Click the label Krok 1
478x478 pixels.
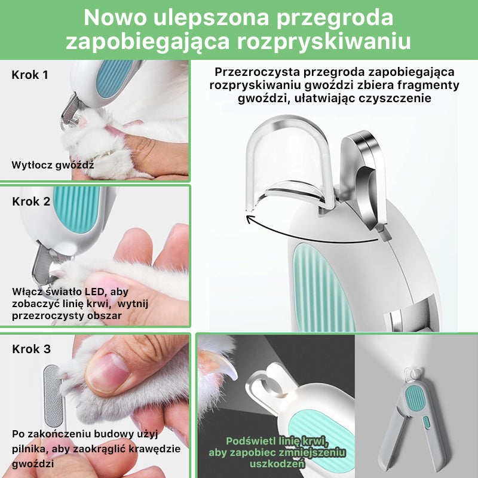(30, 75)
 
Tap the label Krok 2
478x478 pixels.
(31, 201)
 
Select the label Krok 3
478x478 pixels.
(31, 349)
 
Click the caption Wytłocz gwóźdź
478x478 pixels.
(53, 164)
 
